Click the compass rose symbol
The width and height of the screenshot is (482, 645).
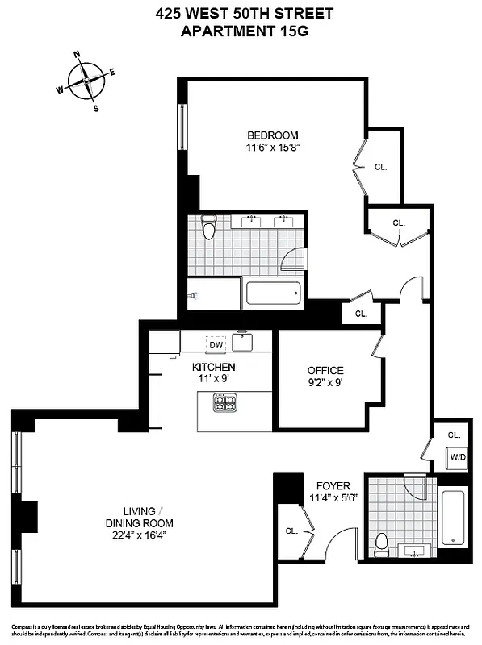86,81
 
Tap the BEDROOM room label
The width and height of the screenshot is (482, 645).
273,135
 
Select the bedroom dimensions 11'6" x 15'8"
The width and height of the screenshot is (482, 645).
273,148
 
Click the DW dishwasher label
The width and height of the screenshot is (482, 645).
216,345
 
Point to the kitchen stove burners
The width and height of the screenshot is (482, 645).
225,402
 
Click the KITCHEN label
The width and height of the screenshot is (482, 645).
213,367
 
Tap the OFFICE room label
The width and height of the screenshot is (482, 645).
325,370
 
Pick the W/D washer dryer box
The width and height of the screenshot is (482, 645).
458,458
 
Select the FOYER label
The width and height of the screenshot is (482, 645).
333,486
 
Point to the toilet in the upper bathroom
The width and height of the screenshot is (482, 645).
210,230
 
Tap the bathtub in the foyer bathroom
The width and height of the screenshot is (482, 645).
453,517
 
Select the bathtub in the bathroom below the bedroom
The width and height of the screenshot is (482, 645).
275,292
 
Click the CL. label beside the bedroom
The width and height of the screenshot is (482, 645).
381,167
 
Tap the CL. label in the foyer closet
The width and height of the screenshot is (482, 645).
291,531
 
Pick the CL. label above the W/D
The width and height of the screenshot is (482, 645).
454,435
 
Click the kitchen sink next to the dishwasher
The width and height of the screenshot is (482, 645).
242,342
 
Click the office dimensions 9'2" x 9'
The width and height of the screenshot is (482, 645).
325,383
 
